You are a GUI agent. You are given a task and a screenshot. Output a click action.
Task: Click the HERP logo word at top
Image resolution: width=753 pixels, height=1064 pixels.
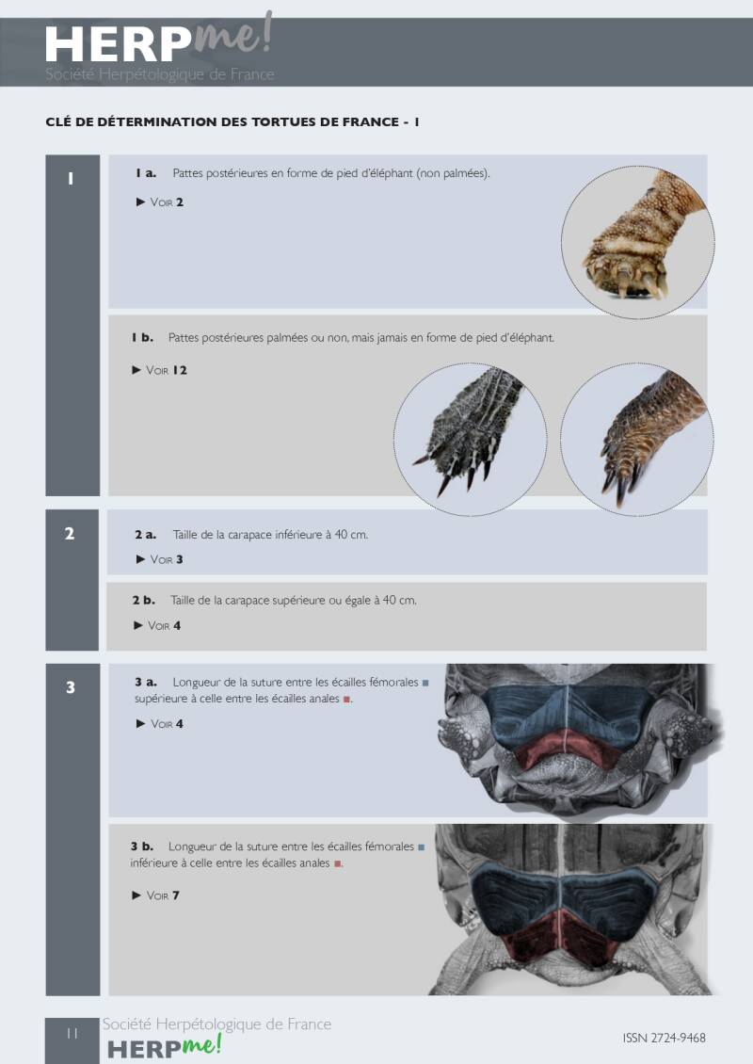pos(119,45)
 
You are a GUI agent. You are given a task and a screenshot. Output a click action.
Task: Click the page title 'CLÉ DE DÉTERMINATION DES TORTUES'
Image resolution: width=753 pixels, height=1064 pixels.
pos(222,122)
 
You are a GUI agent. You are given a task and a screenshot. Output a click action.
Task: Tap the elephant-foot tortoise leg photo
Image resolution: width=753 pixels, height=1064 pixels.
pos(637,242)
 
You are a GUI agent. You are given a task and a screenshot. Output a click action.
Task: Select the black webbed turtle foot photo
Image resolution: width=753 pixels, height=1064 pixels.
pos(470,439)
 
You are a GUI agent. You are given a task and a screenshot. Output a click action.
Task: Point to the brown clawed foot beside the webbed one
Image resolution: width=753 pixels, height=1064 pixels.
pos(636,439)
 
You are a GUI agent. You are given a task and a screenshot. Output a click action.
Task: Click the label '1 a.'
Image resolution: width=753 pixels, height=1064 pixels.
pos(146,173)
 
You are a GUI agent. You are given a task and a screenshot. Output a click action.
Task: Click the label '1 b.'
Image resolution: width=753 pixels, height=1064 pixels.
pos(142,337)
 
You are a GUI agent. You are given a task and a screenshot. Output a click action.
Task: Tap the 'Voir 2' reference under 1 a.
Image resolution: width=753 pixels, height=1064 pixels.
pos(167,202)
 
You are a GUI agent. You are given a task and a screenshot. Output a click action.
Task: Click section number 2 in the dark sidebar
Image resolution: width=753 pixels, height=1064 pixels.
pos(70,533)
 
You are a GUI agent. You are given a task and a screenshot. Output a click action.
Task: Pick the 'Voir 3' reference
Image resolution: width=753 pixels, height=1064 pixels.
pos(167,559)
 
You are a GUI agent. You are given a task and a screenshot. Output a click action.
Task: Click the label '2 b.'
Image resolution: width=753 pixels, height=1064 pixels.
pos(144,600)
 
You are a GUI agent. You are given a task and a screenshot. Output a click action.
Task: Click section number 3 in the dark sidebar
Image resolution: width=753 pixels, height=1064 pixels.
pos(70,687)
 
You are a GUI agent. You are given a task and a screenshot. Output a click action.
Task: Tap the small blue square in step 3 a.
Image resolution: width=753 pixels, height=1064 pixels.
pos(425,683)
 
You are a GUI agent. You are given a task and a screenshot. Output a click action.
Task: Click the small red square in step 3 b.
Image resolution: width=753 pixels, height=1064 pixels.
pos(337,863)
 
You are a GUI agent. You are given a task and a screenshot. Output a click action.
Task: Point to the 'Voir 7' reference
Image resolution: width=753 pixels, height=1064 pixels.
pos(163,895)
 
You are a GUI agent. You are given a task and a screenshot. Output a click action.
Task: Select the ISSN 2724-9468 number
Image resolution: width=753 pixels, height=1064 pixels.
pos(665,1038)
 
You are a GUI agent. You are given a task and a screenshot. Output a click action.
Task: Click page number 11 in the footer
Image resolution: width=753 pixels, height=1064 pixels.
pos(72,1034)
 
